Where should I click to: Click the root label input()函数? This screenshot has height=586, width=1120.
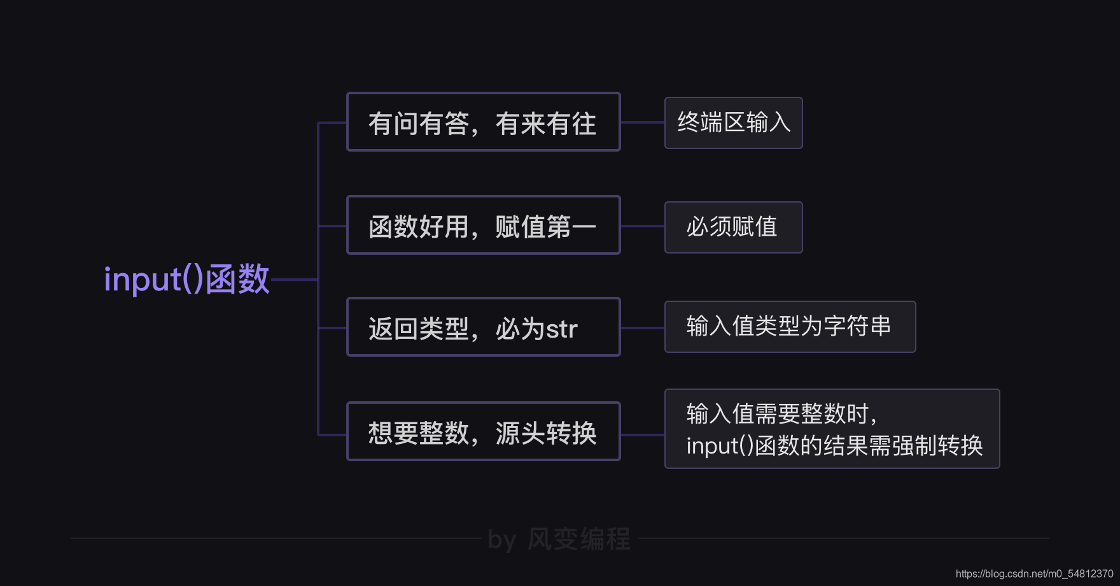tap(186, 279)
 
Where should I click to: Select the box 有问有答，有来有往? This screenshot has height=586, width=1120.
tap(483, 122)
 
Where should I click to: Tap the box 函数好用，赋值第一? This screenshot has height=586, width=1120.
tap(483, 225)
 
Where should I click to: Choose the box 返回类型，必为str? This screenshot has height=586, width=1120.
tap(483, 327)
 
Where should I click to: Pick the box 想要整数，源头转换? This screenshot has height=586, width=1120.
tap(483, 432)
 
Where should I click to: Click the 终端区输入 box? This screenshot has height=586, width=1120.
tap(733, 123)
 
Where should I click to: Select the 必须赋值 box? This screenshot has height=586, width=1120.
tap(733, 227)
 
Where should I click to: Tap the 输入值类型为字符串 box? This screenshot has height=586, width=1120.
tap(790, 327)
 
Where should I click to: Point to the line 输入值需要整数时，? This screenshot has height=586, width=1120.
tap(781, 414)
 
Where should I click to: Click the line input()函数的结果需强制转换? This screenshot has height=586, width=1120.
tap(834, 445)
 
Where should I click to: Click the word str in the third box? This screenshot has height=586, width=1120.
tap(561, 329)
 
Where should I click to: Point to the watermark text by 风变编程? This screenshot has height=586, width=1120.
tap(559, 540)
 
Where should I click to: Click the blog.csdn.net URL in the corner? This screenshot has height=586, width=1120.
tap(1034, 574)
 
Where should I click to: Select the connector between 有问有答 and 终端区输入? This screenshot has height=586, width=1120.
tap(642, 122)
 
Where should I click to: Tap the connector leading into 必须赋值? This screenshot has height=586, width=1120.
tap(642, 226)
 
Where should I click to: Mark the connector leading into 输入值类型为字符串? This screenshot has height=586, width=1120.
tap(642, 328)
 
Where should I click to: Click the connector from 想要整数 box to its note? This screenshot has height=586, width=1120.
tap(642, 435)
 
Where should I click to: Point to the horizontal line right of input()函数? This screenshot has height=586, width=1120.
tap(294, 279)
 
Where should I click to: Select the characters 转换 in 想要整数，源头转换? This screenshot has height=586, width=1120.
tap(571, 433)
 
